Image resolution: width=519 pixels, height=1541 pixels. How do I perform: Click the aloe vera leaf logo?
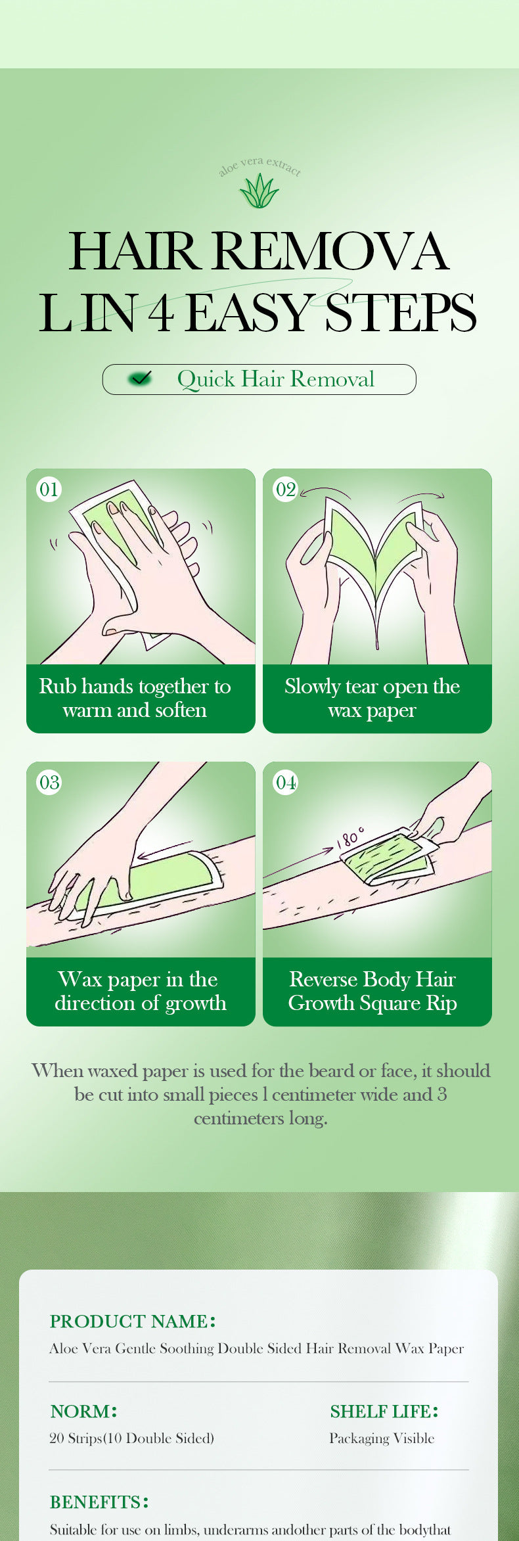tap(259, 191)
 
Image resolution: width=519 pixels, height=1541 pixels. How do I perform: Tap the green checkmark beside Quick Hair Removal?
tap(140, 379)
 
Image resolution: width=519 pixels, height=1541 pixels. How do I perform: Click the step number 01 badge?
tap(49, 489)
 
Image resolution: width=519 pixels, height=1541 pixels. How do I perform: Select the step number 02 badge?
tap(285, 489)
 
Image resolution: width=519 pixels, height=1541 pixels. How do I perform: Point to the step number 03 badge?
tap(49, 782)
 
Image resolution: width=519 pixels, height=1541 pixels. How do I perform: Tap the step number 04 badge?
tap(285, 782)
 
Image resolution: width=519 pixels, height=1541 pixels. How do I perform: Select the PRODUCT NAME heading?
tap(132, 1322)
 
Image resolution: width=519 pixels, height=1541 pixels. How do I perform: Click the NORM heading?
tap(83, 1412)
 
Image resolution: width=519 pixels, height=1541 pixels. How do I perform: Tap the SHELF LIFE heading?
tap(384, 1412)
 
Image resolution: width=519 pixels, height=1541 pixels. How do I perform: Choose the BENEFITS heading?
tap(99, 1502)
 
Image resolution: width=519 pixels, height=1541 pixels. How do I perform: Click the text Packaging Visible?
tap(382, 1438)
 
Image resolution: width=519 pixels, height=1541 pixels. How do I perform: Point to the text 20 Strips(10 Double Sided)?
tap(131, 1438)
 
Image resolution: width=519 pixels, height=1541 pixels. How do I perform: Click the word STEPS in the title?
tap(400, 313)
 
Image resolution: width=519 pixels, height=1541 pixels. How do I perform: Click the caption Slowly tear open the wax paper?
tap(372, 698)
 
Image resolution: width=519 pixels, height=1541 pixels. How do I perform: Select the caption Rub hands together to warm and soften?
tap(135, 698)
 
